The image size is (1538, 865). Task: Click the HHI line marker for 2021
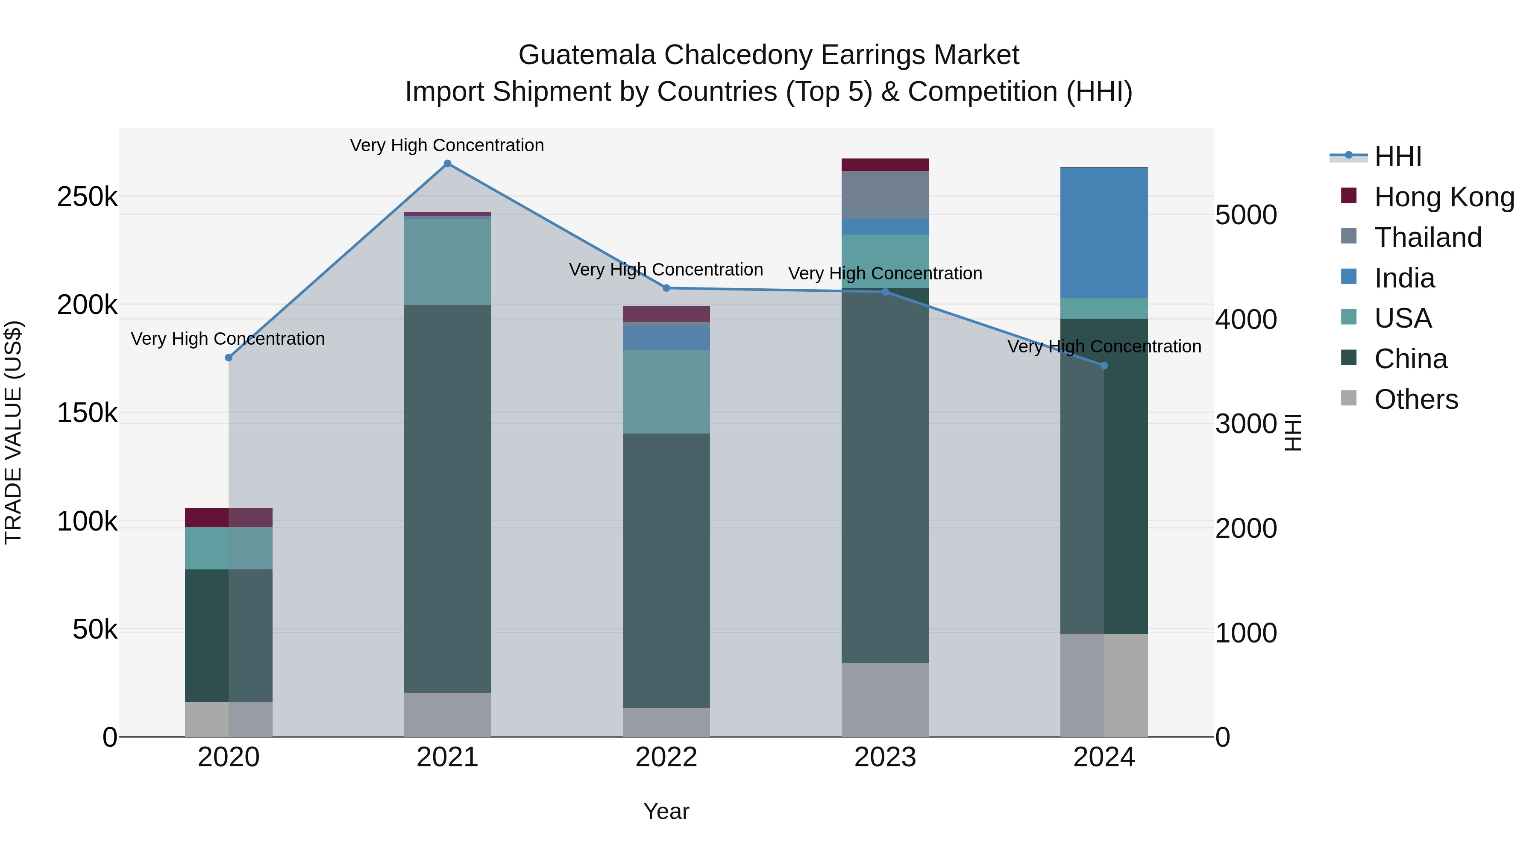click(x=447, y=164)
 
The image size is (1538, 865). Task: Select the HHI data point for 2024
click(x=1104, y=366)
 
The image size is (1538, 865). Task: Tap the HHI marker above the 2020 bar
click(x=229, y=358)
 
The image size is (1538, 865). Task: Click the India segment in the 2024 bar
click(x=1104, y=233)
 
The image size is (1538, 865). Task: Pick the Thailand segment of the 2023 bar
click(x=886, y=195)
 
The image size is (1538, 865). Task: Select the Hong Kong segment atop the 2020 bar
click(x=229, y=518)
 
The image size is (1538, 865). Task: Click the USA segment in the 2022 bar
click(x=666, y=392)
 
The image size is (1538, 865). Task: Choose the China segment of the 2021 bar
click(x=447, y=498)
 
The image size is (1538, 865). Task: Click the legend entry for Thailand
click(x=1427, y=238)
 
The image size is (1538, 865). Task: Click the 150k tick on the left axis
click(x=87, y=413)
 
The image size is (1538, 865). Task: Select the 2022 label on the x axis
click(x=666, y=757)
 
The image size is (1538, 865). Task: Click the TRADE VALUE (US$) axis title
click(x=14, y=432)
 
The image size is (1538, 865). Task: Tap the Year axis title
click(x=666, y=811)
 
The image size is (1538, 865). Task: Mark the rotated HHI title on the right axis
click(x=1293, y=432)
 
